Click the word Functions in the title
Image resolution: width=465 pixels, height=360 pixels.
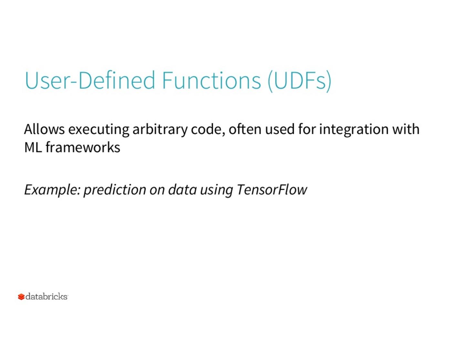[x=212, y=80]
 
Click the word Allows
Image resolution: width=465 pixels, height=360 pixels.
[x=45, y=129]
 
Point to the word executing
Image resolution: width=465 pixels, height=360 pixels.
[x=99, y=130]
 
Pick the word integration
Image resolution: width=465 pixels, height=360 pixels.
[x=354, y=130]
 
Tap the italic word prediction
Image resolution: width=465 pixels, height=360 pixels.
[x=115, y=190]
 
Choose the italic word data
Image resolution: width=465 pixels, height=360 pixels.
[x=182, y=189]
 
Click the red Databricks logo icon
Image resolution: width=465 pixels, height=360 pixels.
[x=21, y=297]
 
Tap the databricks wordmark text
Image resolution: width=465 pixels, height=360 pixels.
[x=46, y=297]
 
